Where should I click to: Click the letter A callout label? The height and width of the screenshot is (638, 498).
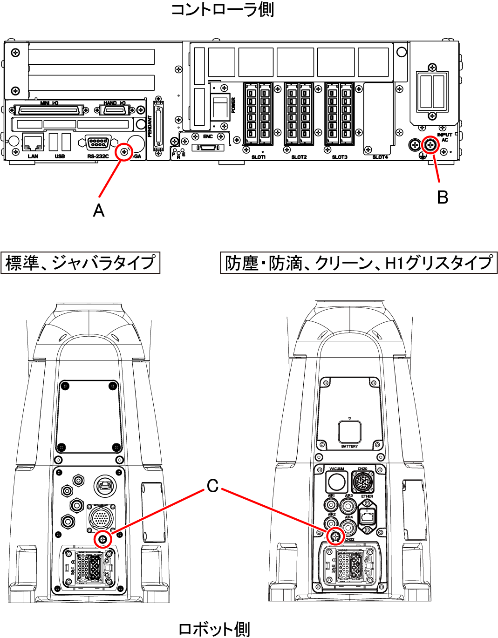tap(98, 211)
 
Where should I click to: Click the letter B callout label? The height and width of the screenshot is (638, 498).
tap(442, 197)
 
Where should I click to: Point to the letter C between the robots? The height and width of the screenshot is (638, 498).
tap(212, 486)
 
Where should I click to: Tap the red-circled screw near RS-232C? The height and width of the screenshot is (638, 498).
tap(124, 152)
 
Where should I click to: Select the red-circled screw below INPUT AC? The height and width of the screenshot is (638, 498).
tap(430, 145)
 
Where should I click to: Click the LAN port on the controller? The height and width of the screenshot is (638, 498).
tap(33, 142)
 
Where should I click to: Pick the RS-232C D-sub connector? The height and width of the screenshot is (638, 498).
tap(98, 142)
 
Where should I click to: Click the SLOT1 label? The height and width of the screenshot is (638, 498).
tap(259, 157)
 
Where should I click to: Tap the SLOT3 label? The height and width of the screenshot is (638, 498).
tap(339, 157)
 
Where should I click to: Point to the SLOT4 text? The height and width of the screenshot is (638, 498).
tap(380, 157)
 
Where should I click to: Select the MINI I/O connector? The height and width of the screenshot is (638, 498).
tap(49, 110)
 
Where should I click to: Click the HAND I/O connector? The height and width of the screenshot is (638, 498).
tap(114, 110)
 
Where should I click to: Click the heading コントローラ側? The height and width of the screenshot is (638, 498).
tap(222, 10)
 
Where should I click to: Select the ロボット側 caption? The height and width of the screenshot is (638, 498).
tap(214, 629)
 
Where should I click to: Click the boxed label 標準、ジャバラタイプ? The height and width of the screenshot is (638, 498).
tap(80, 263)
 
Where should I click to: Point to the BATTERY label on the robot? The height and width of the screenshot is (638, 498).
tap(349, 447)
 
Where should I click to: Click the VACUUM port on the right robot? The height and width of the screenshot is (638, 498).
tap(336, 482)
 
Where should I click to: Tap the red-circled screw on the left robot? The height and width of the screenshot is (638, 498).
tap(102, 539)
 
